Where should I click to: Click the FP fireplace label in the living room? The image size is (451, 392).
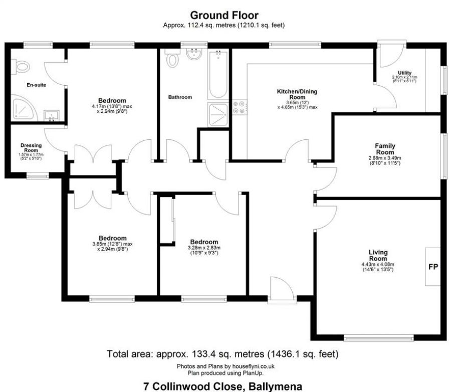point(433,267)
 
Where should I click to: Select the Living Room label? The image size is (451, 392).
point(378,255)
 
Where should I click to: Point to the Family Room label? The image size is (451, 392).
point(385,149)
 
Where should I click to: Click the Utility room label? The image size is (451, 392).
point(405,73)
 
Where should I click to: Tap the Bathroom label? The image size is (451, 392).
point(180,97)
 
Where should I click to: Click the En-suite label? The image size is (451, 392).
point(36,85)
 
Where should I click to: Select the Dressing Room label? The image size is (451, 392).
point(30,148)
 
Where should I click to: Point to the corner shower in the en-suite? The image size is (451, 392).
point(22,108)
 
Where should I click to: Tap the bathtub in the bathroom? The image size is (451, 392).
point(218,75)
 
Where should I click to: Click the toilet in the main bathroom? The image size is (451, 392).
point(173,60)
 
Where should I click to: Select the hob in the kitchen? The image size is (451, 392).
point(239,107)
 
